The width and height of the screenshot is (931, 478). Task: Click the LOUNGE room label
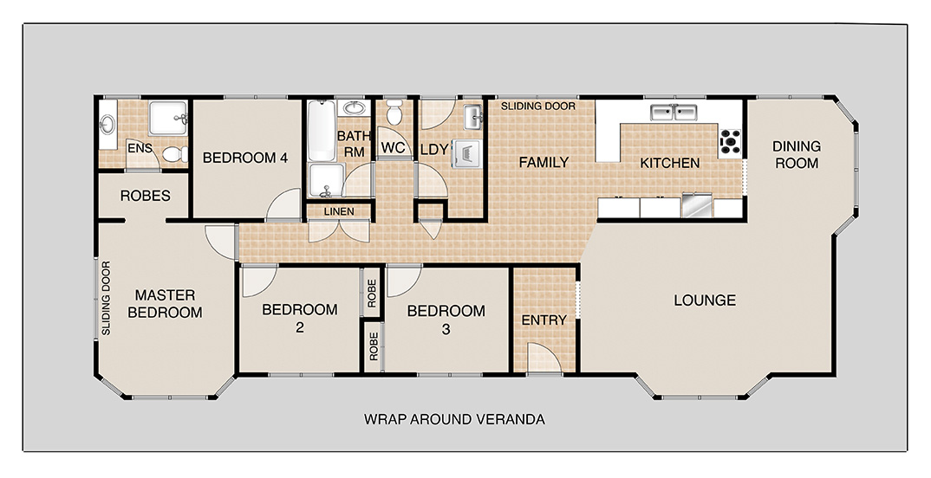pos(705,300)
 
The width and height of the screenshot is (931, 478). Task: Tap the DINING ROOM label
pos(797,154)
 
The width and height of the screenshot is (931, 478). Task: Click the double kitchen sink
pos(674,112)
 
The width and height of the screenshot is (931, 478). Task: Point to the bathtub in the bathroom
pos(322,131)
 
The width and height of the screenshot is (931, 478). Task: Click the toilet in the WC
pos(394,112)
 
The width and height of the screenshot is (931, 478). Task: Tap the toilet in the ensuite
pos(174,154)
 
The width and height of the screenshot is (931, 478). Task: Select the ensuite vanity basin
pos(107,126)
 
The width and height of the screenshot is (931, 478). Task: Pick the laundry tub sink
pos(472,117)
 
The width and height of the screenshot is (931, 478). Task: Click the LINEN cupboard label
pos(339,211)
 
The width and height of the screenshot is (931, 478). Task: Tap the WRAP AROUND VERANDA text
pos(454,420)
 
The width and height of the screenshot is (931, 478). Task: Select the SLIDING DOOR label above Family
pos(538,107)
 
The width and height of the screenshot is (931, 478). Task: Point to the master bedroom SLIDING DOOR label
pos(107,298)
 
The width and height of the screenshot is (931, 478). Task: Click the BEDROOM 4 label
pos(245,158)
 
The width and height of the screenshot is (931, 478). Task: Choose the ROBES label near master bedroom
pos(146,196)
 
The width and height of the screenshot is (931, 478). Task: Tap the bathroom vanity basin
pos(355,108)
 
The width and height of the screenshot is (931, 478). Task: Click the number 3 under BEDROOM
pos(446,330)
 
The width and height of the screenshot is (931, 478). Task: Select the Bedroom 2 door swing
pos(259,281)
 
